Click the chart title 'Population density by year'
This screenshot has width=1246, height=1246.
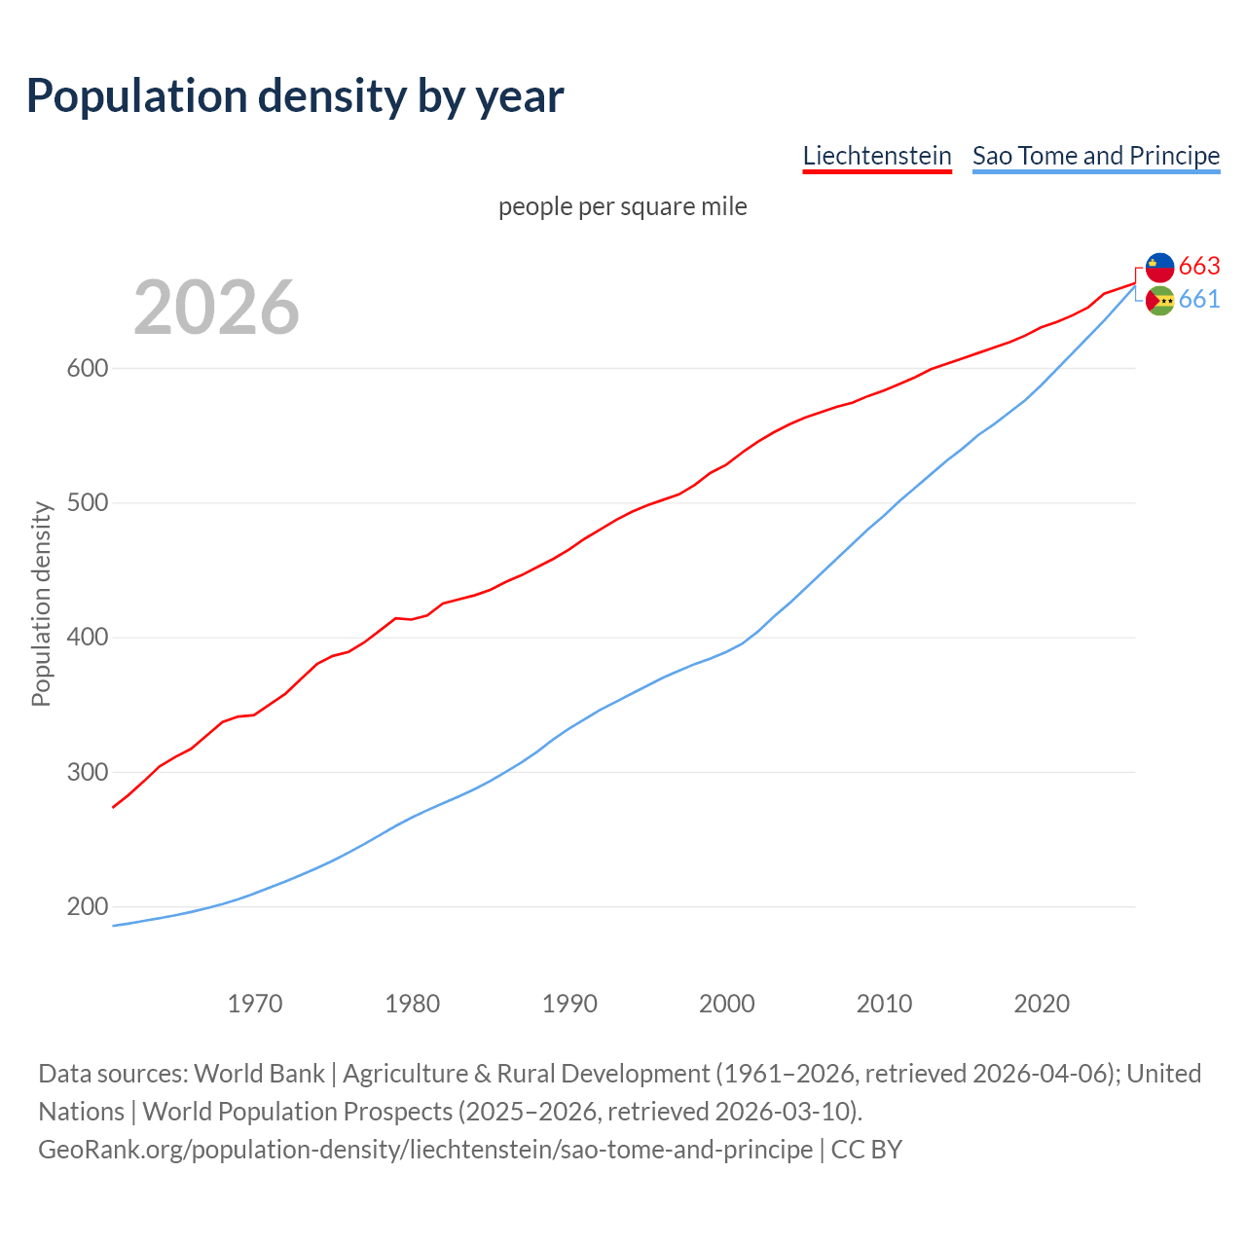coord(295,95)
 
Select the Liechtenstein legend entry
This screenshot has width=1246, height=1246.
coord(876,156)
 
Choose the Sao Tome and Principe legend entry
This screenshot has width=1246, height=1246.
coord(1095,156)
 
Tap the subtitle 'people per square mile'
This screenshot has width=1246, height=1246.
coord(622,206)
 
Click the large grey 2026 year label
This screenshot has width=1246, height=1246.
coord(216,308)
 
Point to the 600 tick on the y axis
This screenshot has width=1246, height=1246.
coord(87,368)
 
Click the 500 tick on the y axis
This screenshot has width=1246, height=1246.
coord(87,503)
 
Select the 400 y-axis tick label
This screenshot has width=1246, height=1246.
coord(87,638)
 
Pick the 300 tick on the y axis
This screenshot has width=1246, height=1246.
coord(87,772)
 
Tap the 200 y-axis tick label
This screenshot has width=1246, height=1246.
coord(87,906)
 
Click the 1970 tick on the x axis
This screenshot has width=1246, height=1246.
coord(255,1003)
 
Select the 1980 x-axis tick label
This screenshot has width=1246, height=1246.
coord(413,1003)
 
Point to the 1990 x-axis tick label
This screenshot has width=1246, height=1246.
coord(569,1003)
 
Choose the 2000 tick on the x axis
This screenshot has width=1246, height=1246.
coord(727,1003)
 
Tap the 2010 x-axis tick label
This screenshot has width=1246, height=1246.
coord(884,1003)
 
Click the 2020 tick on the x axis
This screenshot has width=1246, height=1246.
coord(1042,1003)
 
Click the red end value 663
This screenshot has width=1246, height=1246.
coord(1199,266)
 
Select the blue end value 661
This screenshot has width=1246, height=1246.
coord(1199,299)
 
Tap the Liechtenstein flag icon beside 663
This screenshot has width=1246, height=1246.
coord(1159,267)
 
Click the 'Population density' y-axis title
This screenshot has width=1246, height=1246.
coord(41,604)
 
